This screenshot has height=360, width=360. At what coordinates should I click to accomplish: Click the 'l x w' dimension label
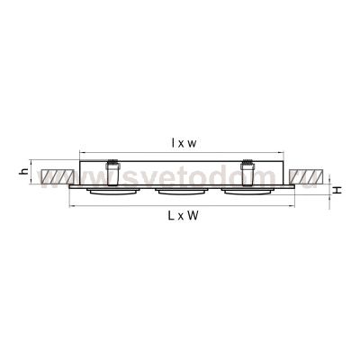(184, 142)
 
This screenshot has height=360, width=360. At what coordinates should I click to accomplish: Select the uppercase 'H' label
(336, 190)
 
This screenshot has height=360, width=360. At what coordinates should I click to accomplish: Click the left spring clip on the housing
(112, 170)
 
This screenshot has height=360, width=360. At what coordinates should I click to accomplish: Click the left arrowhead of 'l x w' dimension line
(81, 150)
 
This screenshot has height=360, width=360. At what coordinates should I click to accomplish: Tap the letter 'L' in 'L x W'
(171, 218)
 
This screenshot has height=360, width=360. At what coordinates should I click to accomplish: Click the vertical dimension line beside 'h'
(33, 170)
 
